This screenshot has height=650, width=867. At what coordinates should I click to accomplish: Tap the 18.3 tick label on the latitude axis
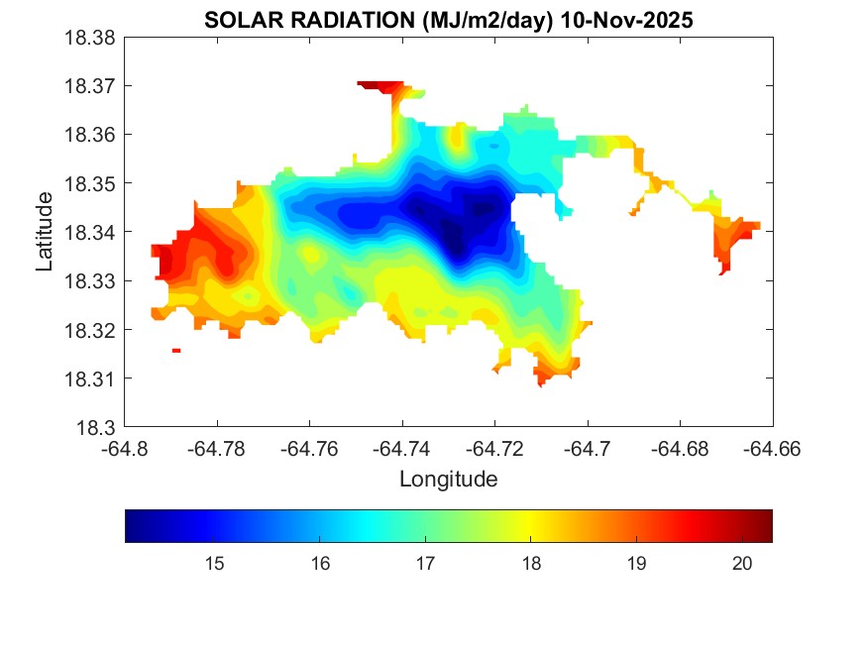[98, 427]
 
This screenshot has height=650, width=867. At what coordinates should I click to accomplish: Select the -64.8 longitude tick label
[125, 449]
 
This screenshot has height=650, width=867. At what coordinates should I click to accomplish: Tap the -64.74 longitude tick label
[402, 449]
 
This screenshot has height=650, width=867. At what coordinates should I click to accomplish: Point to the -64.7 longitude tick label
[589, 449]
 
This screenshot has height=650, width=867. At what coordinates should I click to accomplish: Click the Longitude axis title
[448, 480]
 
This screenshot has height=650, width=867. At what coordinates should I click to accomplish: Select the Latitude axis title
[45, 233]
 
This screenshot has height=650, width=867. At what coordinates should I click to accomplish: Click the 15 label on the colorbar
[214, 564]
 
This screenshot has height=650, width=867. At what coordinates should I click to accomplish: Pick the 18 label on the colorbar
[531, 564]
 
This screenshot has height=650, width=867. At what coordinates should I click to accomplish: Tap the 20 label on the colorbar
[743, 564]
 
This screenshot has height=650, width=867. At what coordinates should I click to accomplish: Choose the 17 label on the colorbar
[425, 564]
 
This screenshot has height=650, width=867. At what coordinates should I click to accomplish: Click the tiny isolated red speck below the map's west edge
[176, 351]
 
